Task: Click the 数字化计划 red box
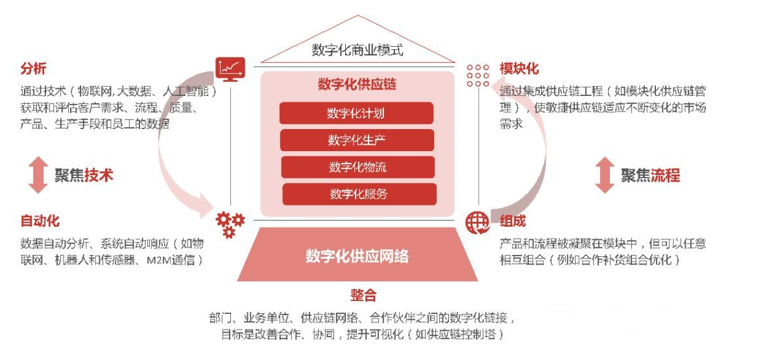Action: (356, 114)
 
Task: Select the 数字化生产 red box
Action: (357, 140)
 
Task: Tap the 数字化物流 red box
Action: (358, 167)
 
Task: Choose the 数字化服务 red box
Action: (359, 194)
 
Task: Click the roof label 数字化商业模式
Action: (357, 50)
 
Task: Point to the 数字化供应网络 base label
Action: (357, 255)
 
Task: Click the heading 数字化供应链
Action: (357, 84)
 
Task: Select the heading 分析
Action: (33, 69)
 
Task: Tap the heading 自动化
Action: (40, 221)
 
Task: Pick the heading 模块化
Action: (519, 69)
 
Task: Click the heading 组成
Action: (513, 221)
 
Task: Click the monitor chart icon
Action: (230, 68)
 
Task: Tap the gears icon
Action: (230, 223)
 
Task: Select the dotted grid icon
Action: (478, 75)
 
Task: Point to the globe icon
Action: (478, 222)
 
